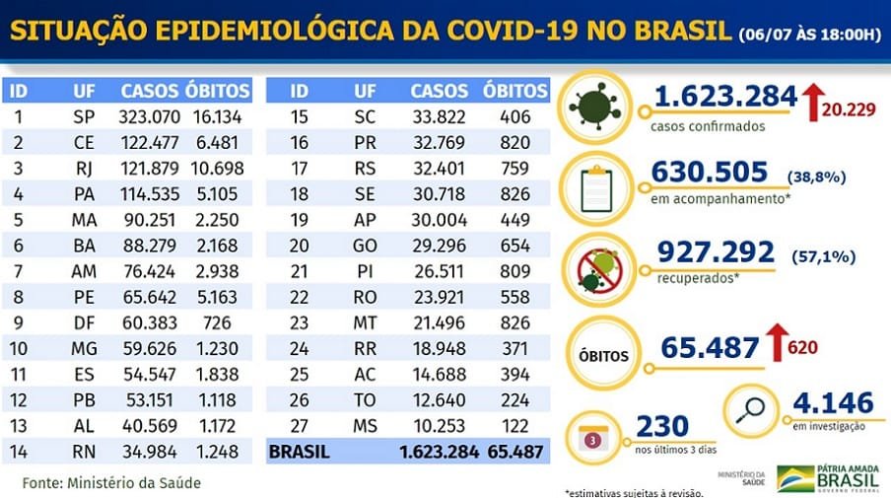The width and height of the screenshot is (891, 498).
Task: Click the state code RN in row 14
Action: (x=83, y=452)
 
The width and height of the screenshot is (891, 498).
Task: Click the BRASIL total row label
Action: (x=301, y=453)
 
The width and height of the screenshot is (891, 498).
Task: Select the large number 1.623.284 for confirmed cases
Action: (x=724, y=97)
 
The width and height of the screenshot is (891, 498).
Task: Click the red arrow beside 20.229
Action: (x=814, y=103)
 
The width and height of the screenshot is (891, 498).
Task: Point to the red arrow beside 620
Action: (x=775, y=346)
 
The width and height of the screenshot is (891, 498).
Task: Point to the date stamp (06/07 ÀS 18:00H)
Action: (x=809, y=36)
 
